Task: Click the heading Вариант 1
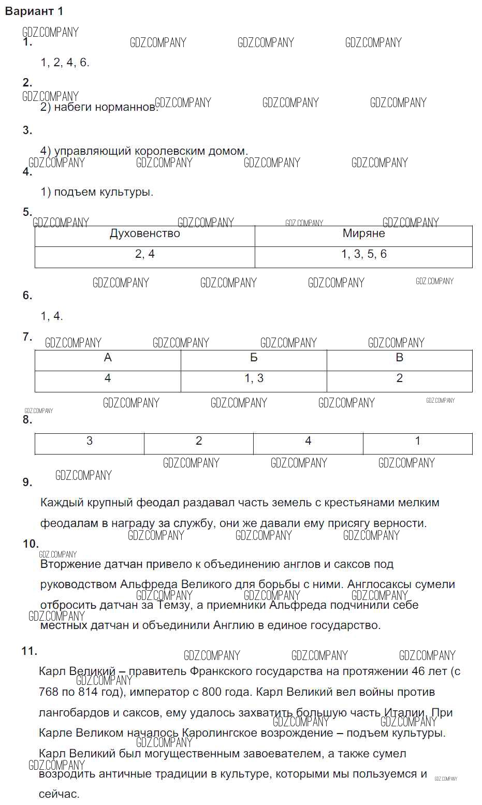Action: (x=34, y=11)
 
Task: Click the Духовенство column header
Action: (x=145, y=234)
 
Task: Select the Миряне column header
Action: (x=363, y=234)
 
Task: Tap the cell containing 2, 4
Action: (x=145, y=254)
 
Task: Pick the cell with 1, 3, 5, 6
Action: (x=363, y=254)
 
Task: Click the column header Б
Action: (x=254, y=358)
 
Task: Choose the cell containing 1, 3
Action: (x=254, y=378)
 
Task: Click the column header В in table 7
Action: (x=399, y=358)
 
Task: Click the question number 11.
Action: (x=30, y=651)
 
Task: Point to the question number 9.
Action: (x=27, y=482)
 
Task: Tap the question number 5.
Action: (x=27, y=212)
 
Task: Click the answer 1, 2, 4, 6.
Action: (x=65, y=63)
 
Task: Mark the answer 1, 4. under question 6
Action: (x=52, y=316)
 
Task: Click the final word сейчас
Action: (x=59, y=794)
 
